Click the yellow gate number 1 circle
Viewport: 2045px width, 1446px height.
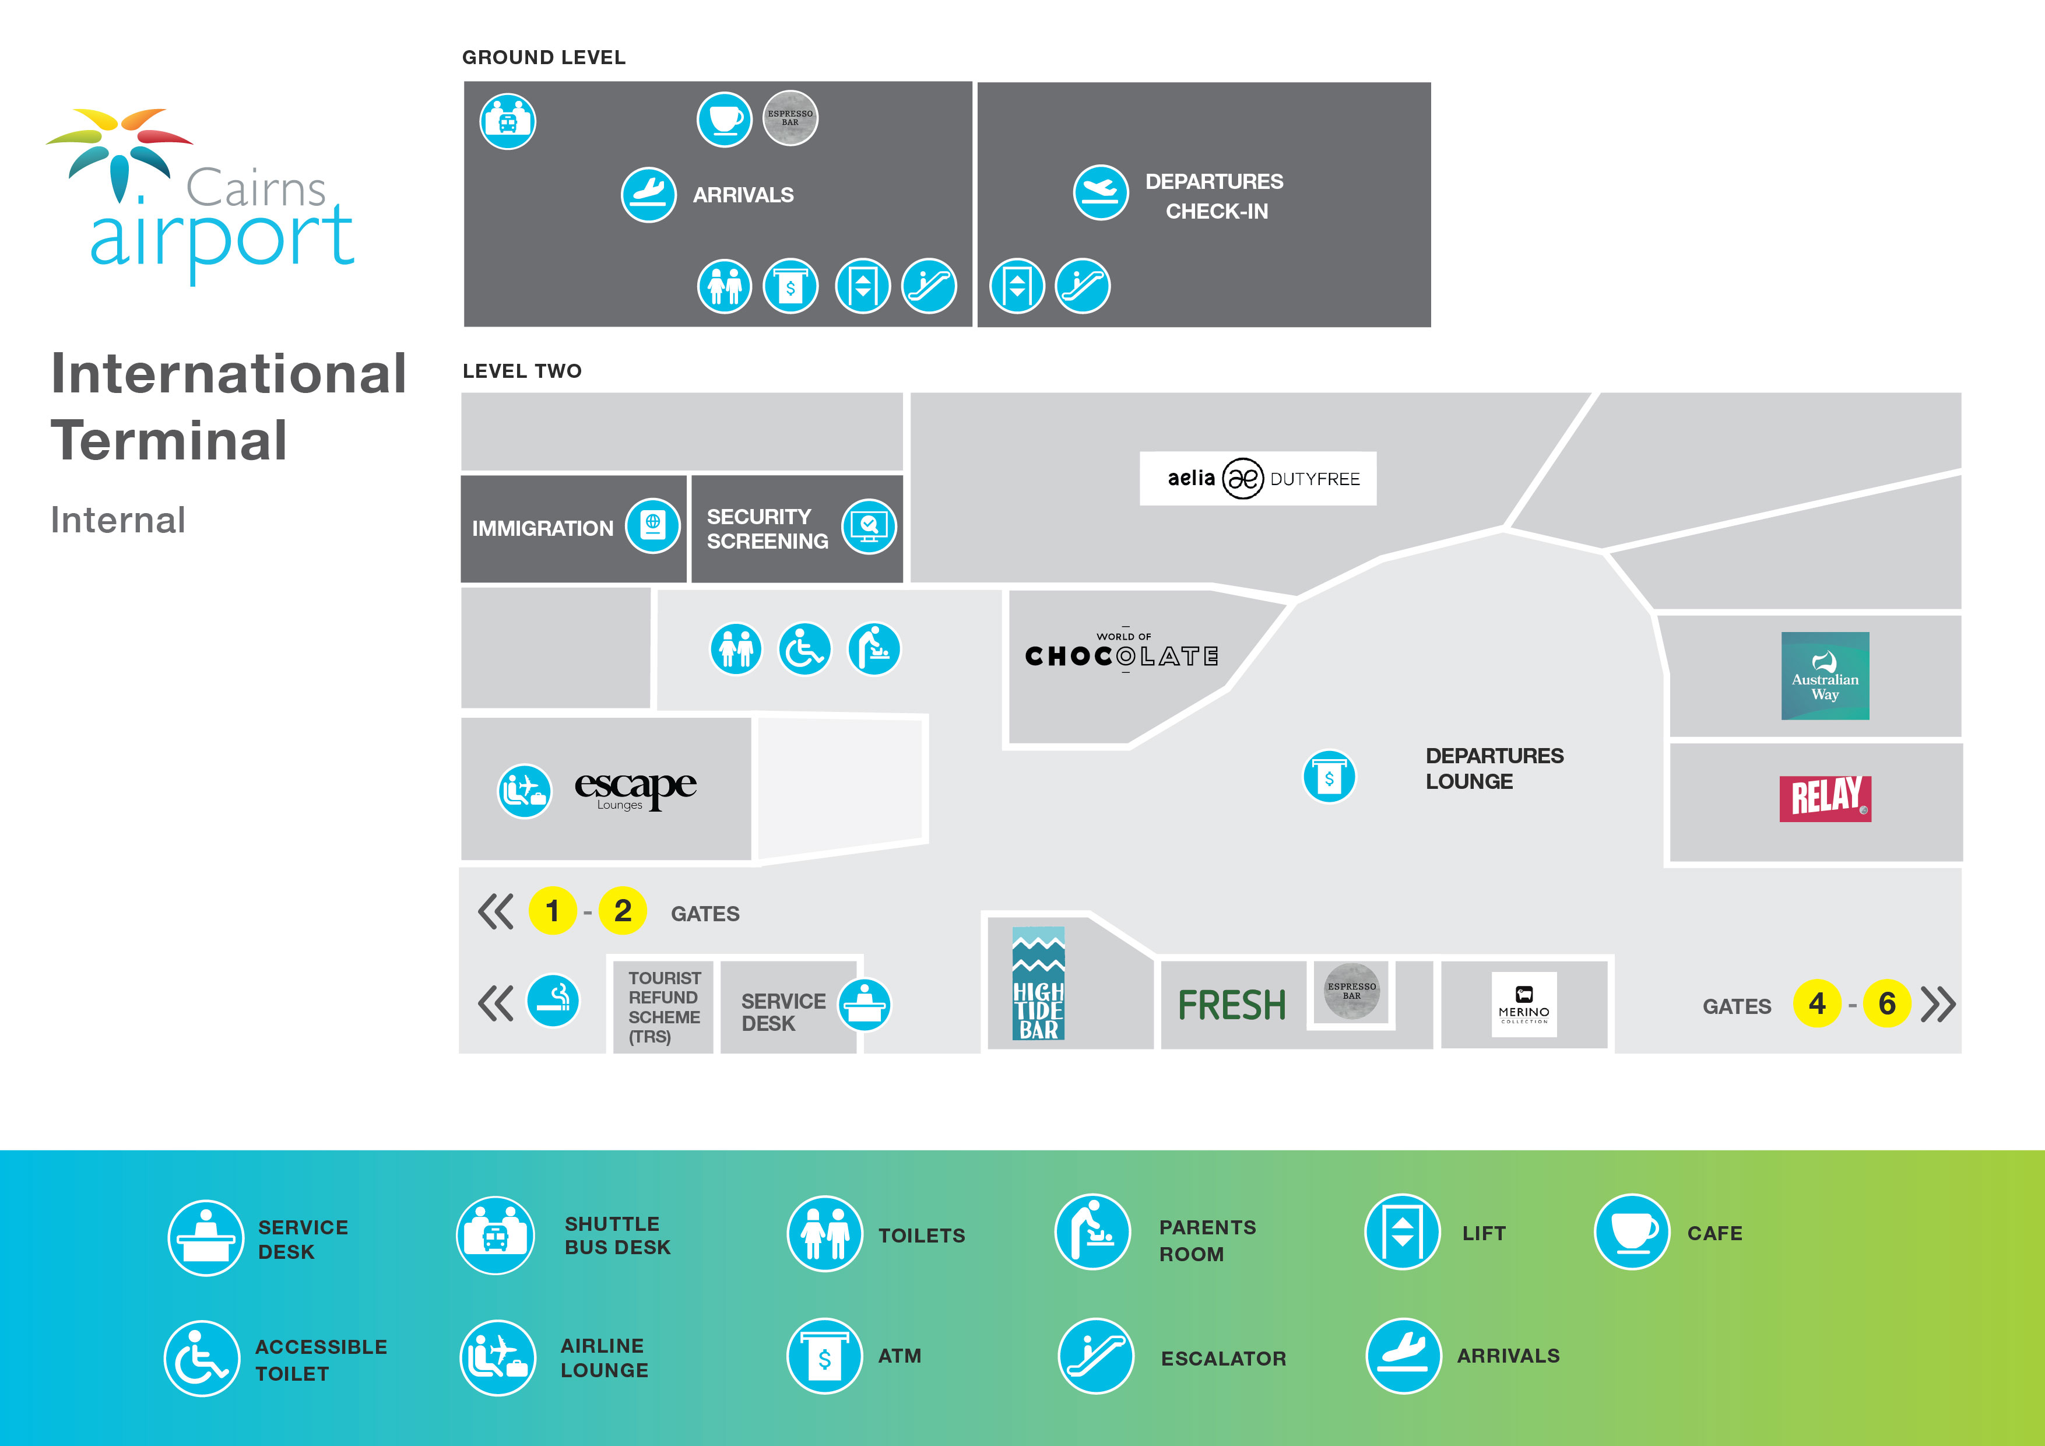(x=552, y=911)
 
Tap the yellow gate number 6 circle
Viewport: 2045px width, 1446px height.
(x=1886, y=1003)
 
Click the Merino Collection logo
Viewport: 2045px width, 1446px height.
(x=1524, y=1004)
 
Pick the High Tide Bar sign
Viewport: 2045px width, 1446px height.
(x=1039, y=984)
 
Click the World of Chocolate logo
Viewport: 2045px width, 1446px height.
(x=1122, y=653)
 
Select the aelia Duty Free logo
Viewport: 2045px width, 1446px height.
(x=1257, y=479)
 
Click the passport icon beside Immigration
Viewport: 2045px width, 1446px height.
(x=653, y=526)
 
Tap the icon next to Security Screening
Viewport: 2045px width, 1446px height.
(x=869, y=527)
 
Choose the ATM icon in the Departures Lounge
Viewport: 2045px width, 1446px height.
(x=1329, y=777)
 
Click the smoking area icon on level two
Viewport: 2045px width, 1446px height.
(x=553, y=1001)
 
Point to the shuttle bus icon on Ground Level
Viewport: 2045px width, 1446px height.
(x=508, y=121)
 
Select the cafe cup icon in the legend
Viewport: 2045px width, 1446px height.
(x=1631, y=1232)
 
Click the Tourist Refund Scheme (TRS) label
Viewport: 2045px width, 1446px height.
(x=663, y=1007)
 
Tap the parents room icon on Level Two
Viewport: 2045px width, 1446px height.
(x=874, y=648)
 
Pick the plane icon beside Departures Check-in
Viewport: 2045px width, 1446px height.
(x=1101, y=192)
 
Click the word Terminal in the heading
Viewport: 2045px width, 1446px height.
(x=169, y=440)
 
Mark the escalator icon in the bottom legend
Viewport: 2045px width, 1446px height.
(x=1095, y=1356)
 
